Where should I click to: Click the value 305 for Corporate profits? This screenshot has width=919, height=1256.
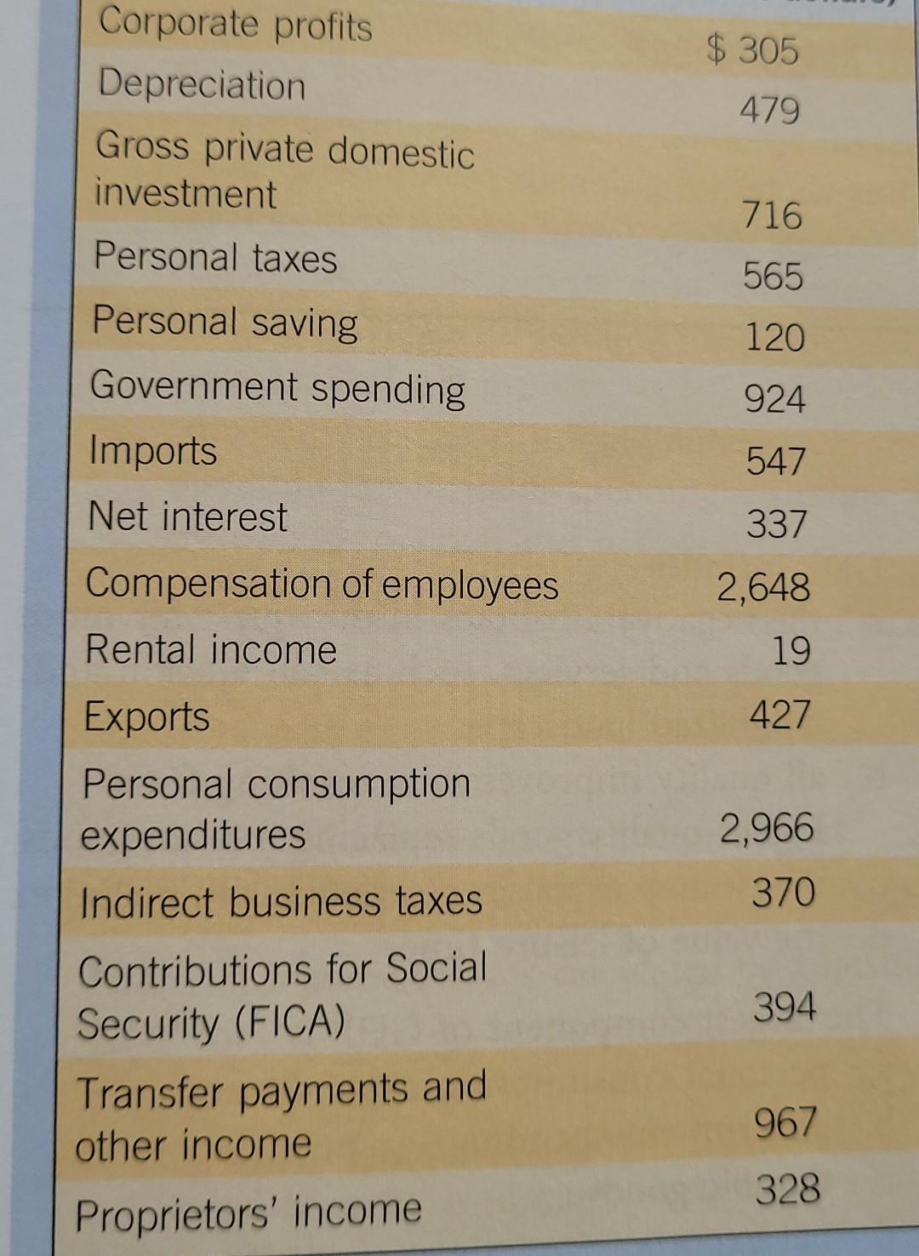768,51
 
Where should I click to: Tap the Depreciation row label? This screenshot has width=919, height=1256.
202,85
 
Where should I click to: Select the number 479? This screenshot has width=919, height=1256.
770,111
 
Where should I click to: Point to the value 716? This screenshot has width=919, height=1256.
772,215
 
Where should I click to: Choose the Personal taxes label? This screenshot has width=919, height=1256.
215,257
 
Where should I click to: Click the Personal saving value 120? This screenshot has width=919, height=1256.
774,338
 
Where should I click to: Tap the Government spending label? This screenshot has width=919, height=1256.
277,388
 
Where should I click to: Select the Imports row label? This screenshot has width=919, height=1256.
153,451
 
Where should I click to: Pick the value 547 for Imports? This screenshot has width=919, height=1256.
775,461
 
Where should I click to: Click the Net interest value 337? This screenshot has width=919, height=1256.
776,523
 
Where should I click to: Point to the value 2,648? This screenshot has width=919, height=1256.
763,587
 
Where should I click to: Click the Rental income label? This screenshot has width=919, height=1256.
211,650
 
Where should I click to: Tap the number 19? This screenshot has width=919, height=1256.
791,652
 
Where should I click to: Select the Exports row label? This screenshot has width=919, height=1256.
146,716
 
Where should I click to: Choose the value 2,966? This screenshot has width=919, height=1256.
767,828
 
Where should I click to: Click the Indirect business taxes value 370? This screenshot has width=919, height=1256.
783,893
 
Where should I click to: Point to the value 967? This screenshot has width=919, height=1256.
785,1122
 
